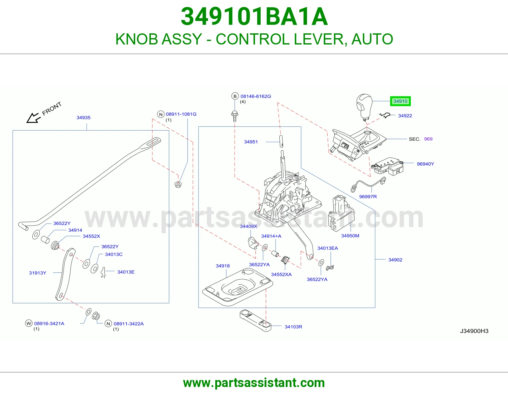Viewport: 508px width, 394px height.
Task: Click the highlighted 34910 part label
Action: coord(400,101)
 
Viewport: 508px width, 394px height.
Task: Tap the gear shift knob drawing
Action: coord(364,107)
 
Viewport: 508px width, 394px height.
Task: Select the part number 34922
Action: coord(405,116)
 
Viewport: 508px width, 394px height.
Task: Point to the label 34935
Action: coord(84,118)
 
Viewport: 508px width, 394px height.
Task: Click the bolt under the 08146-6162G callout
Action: coord(235,116)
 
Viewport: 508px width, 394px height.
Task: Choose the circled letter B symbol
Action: coord(235,96)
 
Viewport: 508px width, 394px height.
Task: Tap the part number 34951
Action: coord(251,142)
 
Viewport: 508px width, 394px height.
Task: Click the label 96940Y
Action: coord(425,164)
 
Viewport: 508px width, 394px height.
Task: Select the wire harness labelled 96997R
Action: coord(368,185)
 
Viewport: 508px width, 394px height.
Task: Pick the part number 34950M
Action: coord(350,236)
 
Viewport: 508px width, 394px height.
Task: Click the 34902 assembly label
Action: coord(395,260)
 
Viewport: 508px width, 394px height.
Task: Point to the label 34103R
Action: coord(293,327)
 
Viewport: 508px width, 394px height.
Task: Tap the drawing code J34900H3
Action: coord(474,331)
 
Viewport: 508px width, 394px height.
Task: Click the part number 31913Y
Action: coord(38,273)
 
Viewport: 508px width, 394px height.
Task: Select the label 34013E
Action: coord(126,272)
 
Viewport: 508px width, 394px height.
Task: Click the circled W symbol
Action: coord(29,323)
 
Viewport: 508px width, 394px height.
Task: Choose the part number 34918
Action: coord(223,266)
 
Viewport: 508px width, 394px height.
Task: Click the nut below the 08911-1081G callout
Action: coord(178,184)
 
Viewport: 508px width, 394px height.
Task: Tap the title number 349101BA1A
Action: coord(254,17)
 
